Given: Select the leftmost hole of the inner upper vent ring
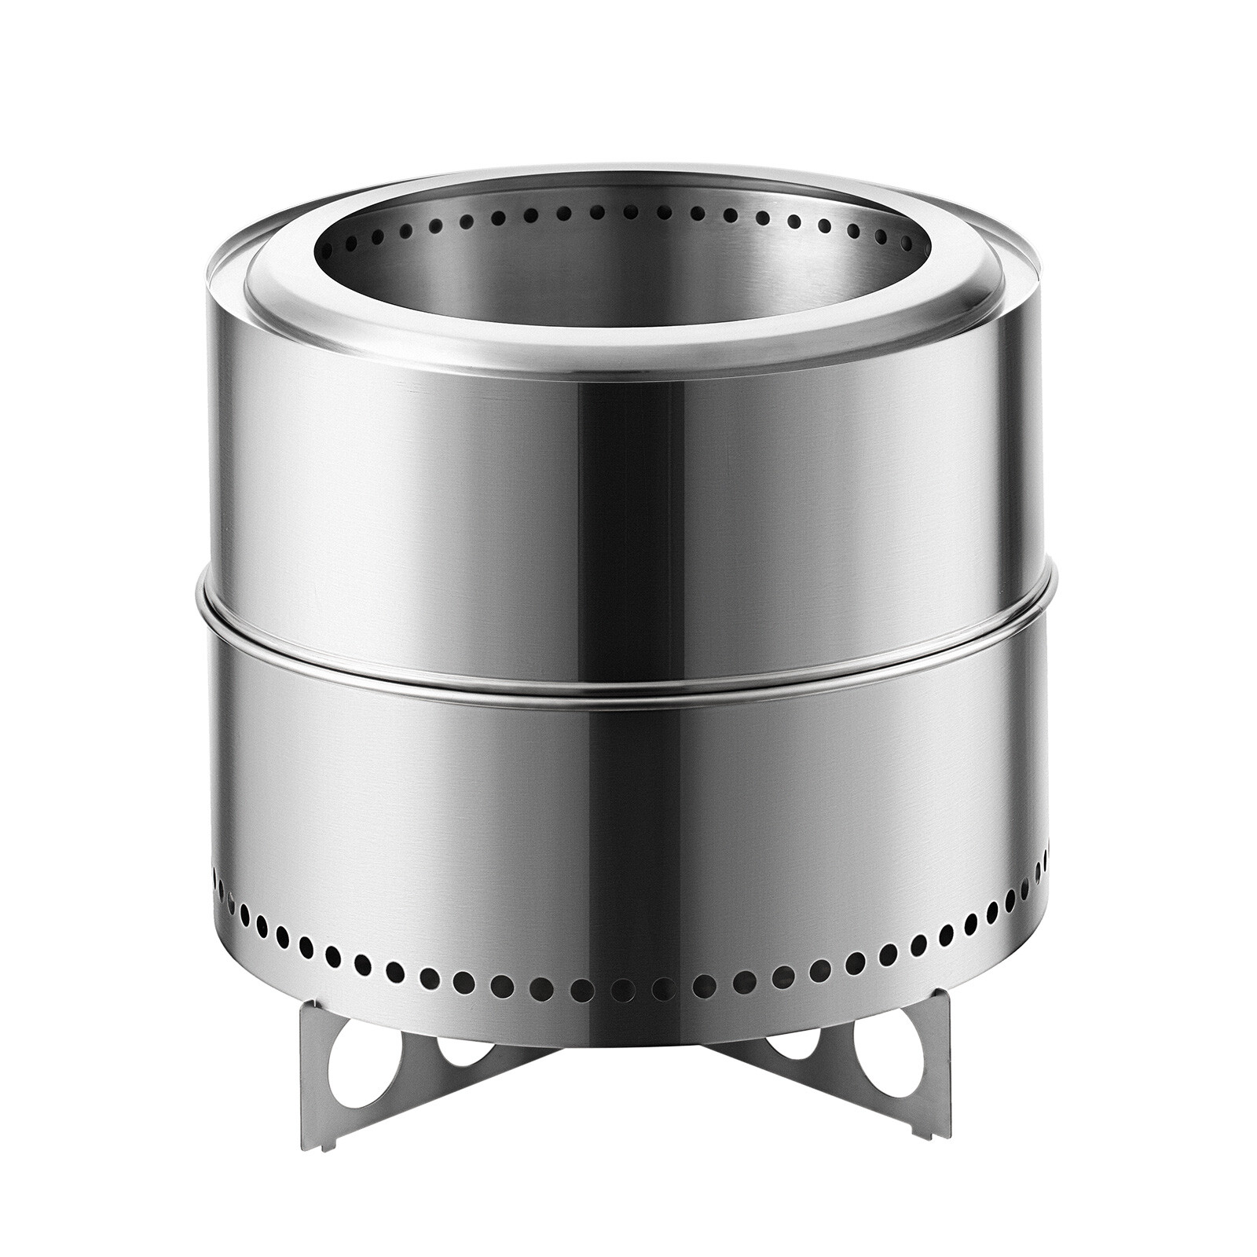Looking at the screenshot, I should pyautogui.click(x=326, y=252).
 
